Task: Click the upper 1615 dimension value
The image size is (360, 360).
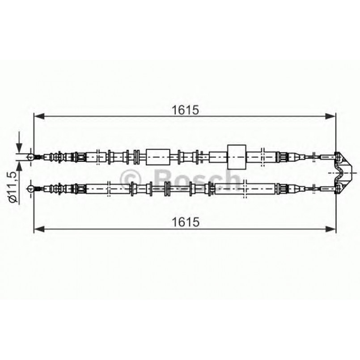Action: click(185, 110)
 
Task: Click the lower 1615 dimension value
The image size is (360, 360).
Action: click(185, 221)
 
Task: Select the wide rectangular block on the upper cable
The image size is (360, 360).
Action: click(158, 157)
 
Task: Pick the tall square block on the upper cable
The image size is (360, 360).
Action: click(237, 157)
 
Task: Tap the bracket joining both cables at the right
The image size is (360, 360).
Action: click(344, 172)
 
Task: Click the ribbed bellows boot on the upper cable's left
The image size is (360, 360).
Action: click(56, 157)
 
